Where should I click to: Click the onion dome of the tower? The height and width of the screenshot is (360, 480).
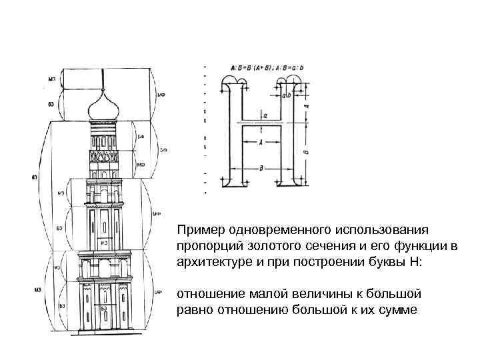[102, 105]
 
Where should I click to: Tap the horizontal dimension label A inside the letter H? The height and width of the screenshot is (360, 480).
[261, 141]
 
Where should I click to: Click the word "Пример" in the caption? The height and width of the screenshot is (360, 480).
[199, 230]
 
